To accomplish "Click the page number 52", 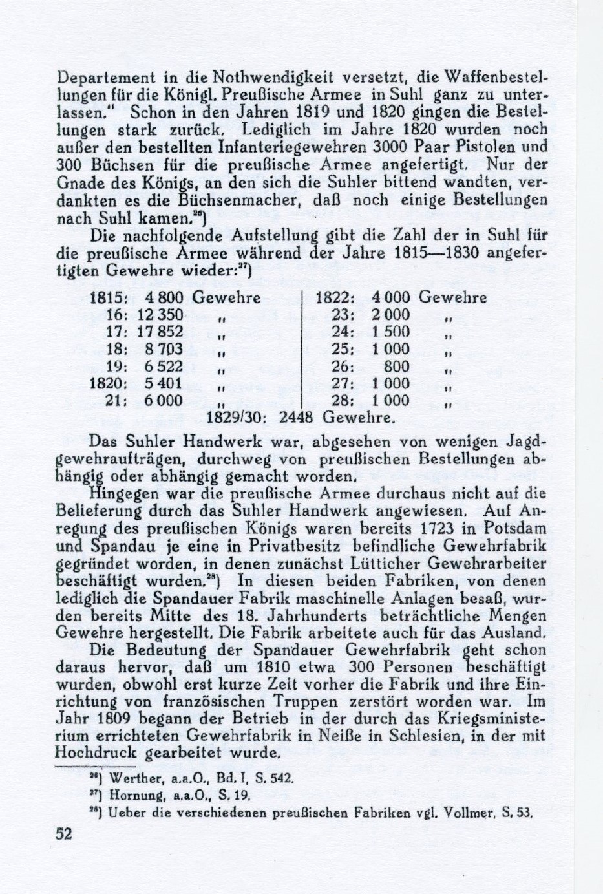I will click(63, 834).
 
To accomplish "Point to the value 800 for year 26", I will click(397, 367).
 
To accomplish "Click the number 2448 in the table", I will click(296, 418).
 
